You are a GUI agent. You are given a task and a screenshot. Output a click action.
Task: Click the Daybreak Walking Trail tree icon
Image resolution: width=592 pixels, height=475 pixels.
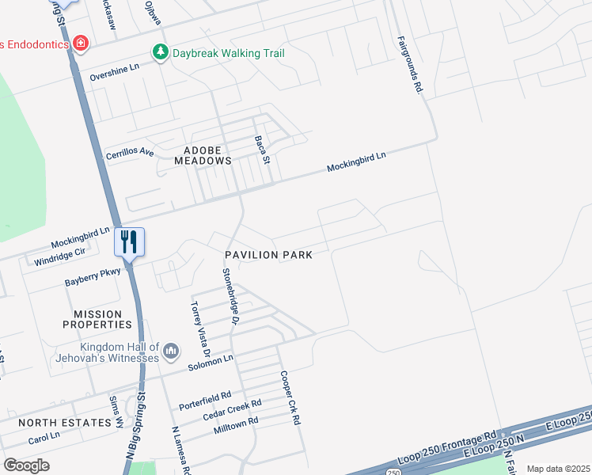(161, 51)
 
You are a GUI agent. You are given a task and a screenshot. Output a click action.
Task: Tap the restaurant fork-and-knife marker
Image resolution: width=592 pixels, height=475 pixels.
(129, 241)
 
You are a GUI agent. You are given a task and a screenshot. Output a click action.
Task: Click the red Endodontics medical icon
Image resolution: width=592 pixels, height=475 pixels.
(80, 43)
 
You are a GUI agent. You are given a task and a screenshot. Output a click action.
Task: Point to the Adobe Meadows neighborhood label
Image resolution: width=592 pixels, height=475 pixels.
(196, 154)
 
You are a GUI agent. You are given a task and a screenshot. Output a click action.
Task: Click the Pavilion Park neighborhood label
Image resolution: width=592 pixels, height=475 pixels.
(268, 255)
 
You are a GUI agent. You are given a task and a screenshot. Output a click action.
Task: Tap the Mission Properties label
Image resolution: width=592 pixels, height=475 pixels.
(103, 319)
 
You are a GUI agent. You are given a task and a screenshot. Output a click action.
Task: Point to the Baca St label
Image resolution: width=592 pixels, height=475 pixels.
(263, 148)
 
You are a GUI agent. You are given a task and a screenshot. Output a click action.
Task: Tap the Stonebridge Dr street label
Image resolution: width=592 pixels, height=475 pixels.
(230, 295)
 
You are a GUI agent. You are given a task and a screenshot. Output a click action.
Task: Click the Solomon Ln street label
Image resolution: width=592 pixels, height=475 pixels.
(211, 363)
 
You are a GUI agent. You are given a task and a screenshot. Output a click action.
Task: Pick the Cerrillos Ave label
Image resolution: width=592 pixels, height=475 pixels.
(129, 149)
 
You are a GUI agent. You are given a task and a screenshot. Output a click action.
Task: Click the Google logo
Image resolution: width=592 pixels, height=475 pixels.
(26, 465)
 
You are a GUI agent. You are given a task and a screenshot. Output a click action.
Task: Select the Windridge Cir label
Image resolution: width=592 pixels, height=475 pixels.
(59, 256)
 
